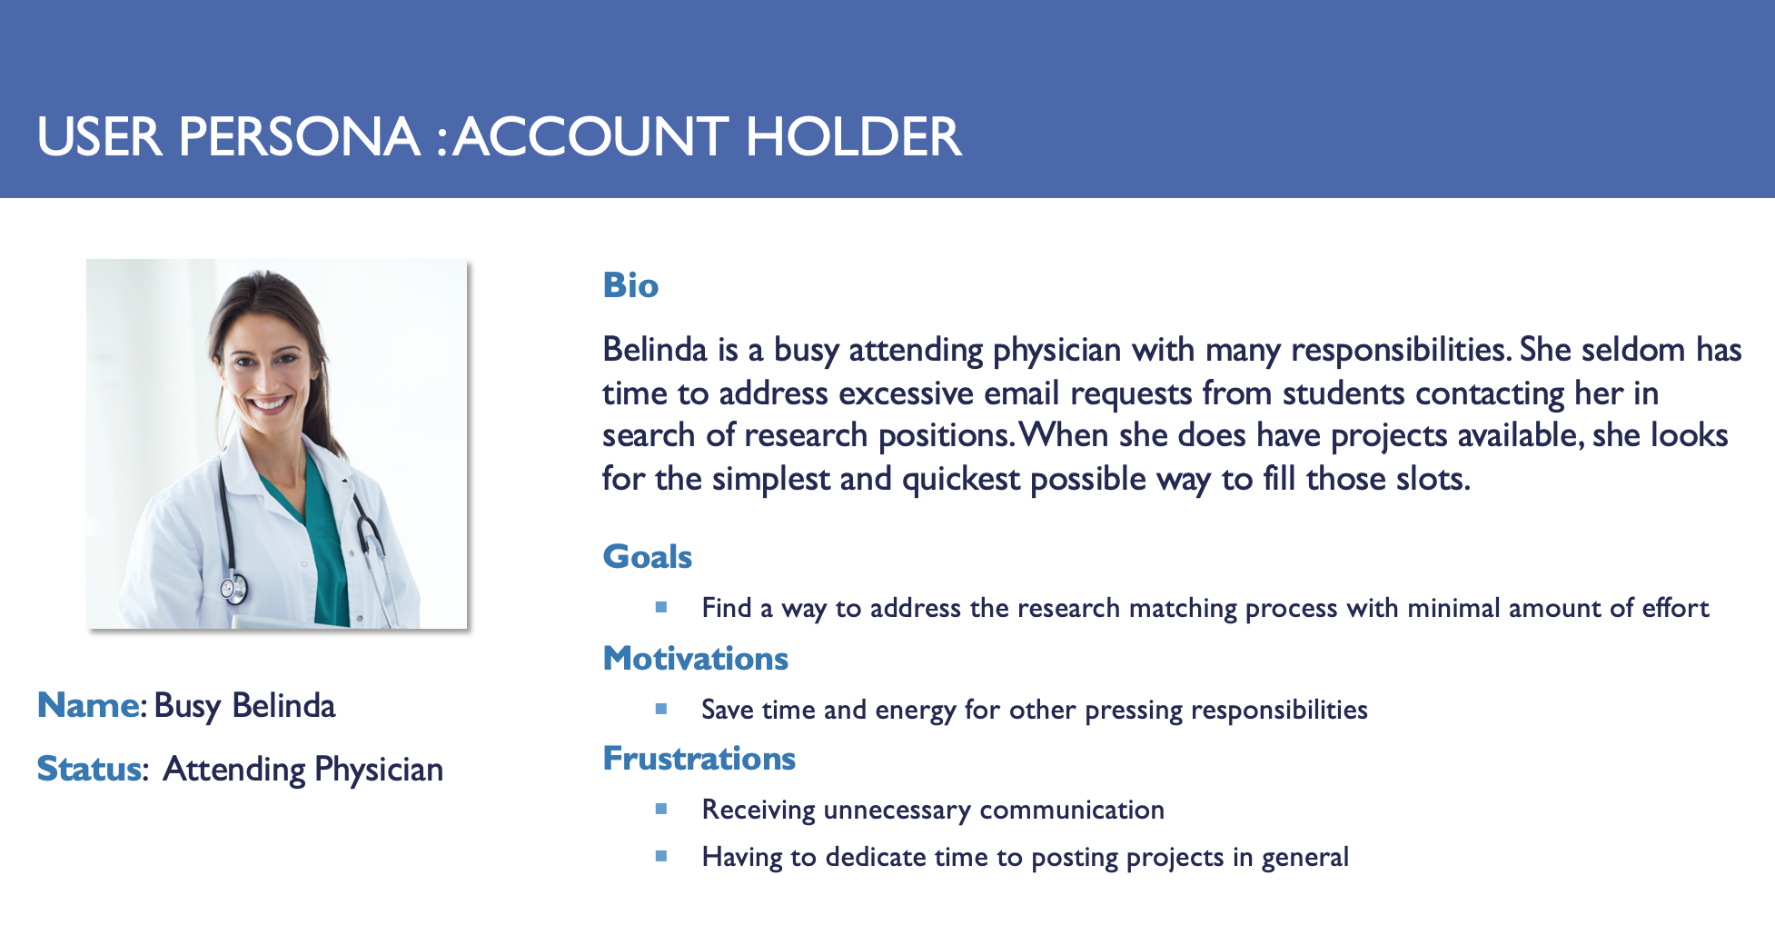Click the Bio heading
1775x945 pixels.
click(630, 285)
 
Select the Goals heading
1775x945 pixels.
click(648, 556)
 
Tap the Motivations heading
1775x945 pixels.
click(696, 658)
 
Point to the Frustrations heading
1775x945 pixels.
click(699, 758)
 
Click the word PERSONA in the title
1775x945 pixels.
click(299, 137)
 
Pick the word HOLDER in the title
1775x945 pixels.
click(853, 137)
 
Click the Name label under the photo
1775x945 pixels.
click(89, 705)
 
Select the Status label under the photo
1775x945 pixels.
click(89, 769)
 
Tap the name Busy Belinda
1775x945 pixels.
click(244, 706)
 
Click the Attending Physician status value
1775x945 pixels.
click(303, 771)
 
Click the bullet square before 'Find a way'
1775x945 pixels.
click(661, 607)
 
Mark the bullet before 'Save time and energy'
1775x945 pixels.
click(661, 709)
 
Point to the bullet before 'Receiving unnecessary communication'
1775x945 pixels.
click(661, 809)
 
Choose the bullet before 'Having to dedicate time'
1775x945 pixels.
click(661, 856)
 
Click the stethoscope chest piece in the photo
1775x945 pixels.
click(233, 589)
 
